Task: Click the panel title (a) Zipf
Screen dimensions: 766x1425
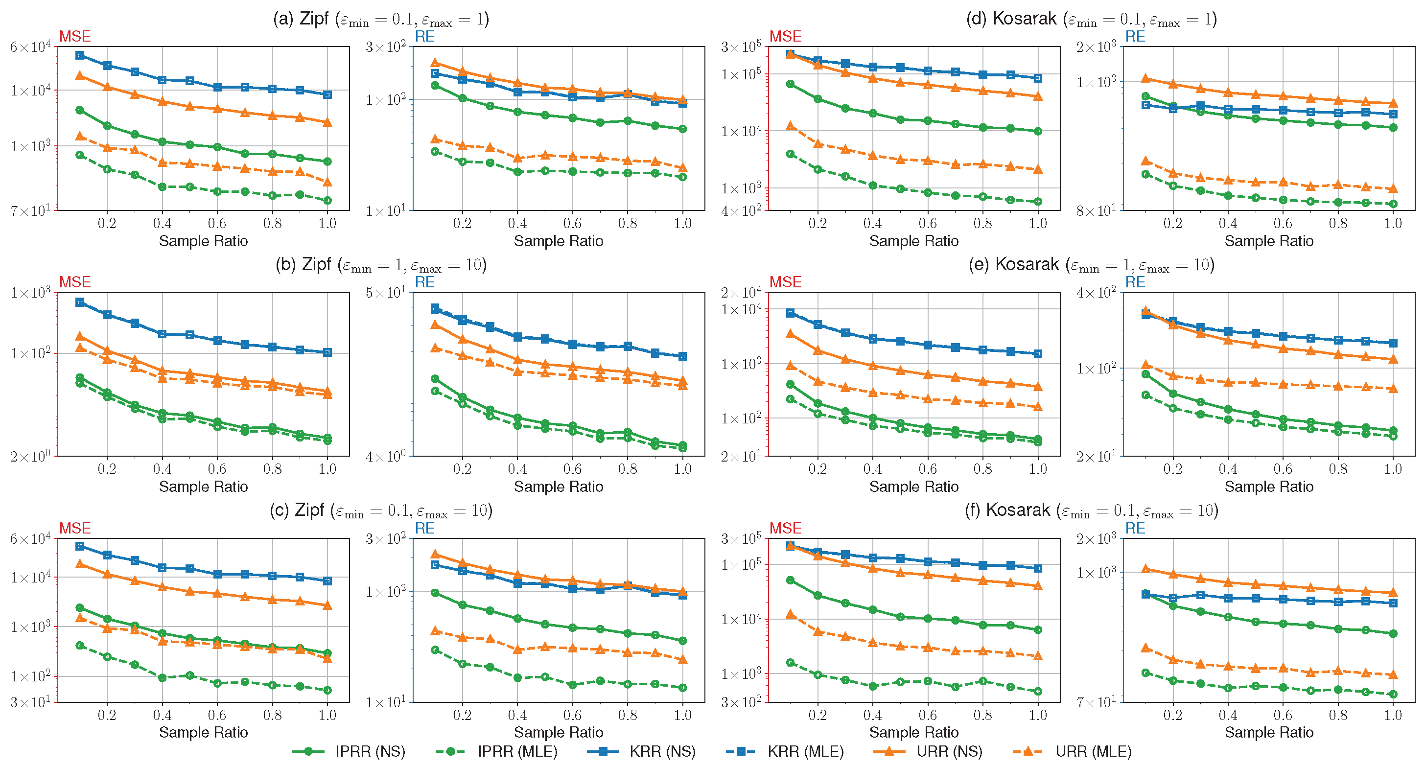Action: [x=380, y=19]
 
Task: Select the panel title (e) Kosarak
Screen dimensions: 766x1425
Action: [x=1091, y=264]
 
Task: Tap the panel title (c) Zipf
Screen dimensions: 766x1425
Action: [x=380, y=510]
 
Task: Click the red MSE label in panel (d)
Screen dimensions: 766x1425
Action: [x=785, y=37]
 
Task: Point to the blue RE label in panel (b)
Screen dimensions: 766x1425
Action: [x=424, y=282]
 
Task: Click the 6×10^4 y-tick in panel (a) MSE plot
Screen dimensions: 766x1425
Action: [x=30, y=47]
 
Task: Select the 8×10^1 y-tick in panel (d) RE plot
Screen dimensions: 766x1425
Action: [x=1096, y=210]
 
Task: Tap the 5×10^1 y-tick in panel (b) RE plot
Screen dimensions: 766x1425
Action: [x=386, y=293]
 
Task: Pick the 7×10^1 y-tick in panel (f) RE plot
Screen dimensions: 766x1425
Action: [x=1096, y=702]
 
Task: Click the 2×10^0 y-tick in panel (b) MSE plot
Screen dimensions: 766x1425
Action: [x=30, y=456]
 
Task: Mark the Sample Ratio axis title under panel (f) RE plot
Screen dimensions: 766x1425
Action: [x=1268, y=732]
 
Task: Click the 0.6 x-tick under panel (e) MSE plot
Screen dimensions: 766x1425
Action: [x=928, y=469]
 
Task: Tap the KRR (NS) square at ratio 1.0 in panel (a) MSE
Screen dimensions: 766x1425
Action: [x=327, y=94]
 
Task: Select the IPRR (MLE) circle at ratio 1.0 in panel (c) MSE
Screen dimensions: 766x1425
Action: [x=327, y=690]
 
